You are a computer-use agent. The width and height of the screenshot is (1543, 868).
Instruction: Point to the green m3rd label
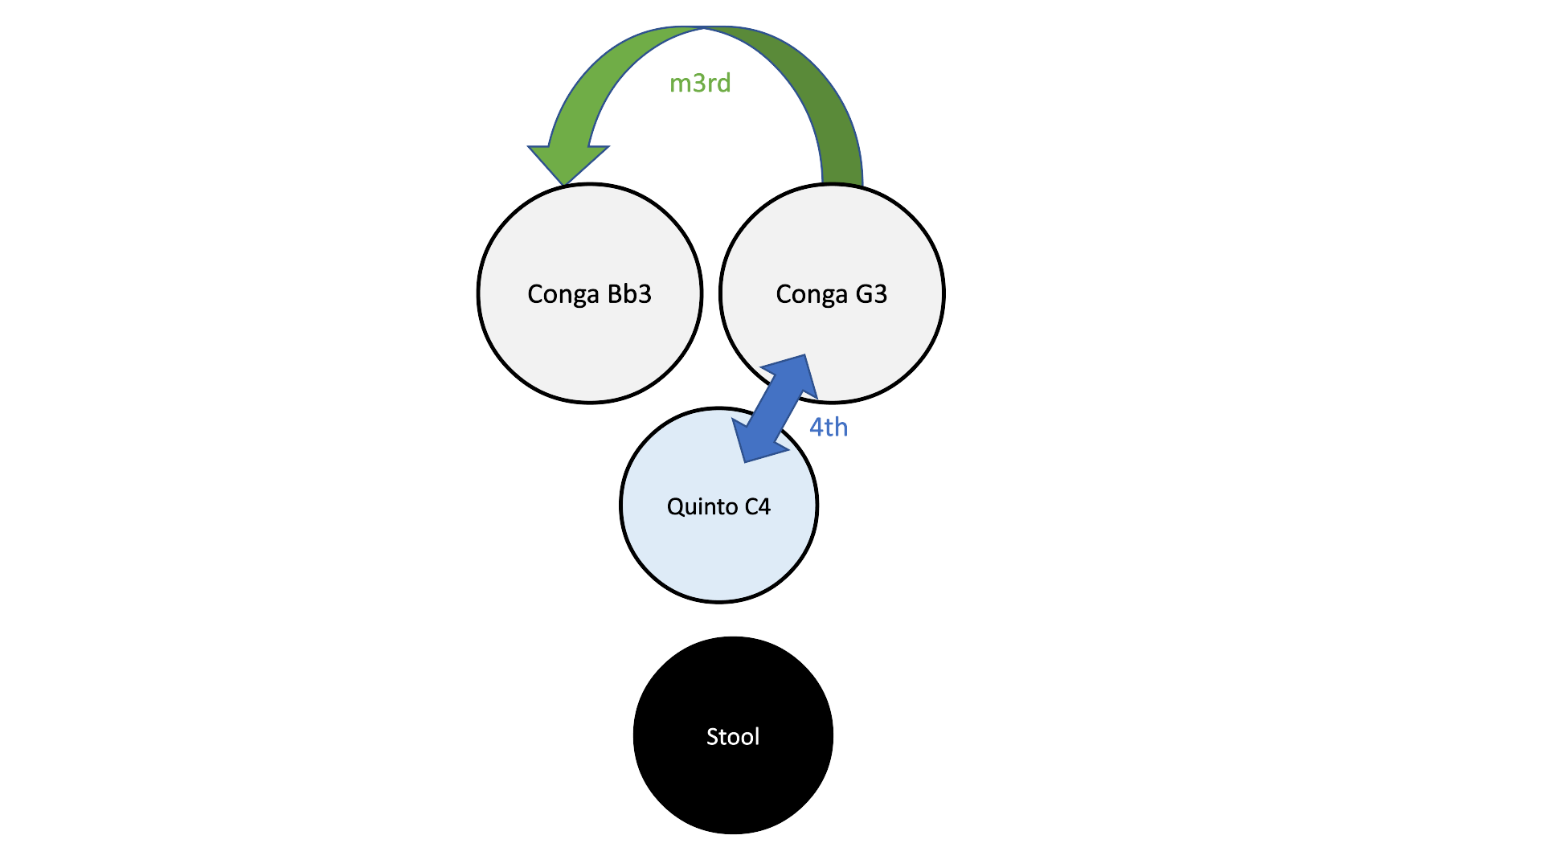click(700, 83)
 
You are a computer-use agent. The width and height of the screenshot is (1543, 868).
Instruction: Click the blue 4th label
click(829, 427)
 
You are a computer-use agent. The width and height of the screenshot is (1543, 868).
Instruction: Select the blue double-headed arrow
click(776, 409)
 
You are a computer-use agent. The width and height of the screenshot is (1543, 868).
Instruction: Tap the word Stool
click(733, 736)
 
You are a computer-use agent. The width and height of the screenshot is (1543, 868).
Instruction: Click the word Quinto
click(702, 506)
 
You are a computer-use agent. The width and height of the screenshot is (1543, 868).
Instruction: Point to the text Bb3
click(629, 293)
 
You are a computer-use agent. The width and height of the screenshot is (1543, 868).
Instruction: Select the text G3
click(871, 293)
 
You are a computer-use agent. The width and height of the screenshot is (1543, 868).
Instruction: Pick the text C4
click(757, 506)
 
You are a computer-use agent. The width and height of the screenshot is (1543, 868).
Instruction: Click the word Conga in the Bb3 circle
click(563, 294)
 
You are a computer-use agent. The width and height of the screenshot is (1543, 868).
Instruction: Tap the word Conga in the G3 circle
click(811, 294)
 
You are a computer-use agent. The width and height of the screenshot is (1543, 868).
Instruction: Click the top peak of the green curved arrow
click(704, 29)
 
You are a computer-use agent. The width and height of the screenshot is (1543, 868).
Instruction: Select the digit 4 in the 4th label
click(817, 427)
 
